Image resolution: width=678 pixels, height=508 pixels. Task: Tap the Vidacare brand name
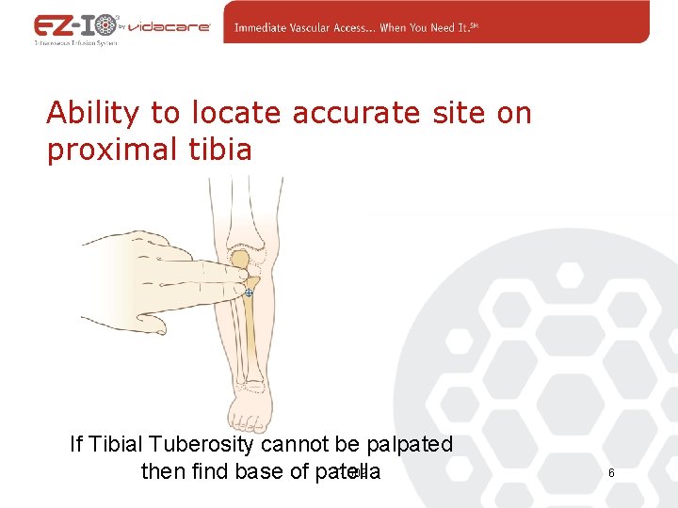(168, 28)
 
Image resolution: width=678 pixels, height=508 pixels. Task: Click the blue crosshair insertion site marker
(249, 294)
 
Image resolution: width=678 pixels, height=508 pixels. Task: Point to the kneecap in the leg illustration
(241, 260)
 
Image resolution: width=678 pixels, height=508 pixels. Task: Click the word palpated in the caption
(408, 444)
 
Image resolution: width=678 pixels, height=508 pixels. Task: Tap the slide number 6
(611, 472)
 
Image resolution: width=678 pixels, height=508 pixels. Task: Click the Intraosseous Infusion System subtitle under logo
(75, 43)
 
